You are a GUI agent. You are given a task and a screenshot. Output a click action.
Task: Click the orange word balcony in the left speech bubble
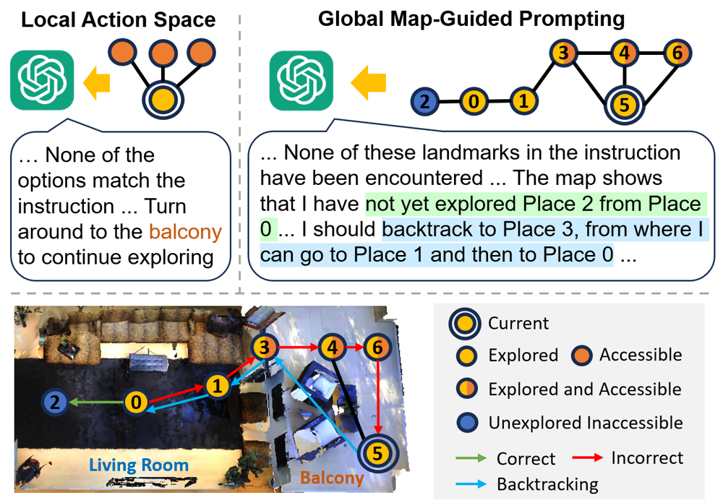[185, 232]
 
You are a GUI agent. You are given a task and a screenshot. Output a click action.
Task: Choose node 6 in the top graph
[677, 53]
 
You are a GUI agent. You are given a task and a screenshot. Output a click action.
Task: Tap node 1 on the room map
[217, 386]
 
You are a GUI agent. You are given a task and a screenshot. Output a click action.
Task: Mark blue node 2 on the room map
[55, 401]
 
